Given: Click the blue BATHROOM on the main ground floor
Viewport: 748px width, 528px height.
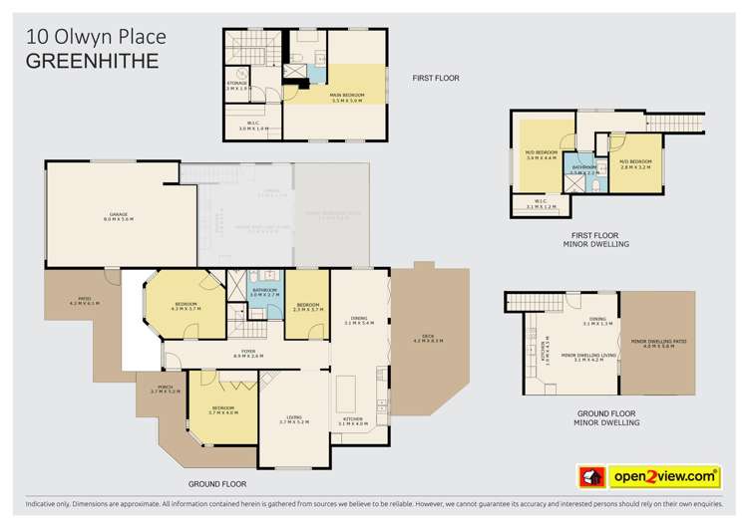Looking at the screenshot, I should [265, 293].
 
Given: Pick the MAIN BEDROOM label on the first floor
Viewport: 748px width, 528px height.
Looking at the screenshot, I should [347, 97].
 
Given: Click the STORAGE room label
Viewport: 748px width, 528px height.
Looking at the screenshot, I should [236, 86].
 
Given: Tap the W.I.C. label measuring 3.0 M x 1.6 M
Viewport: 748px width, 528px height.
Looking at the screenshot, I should [254, 126].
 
